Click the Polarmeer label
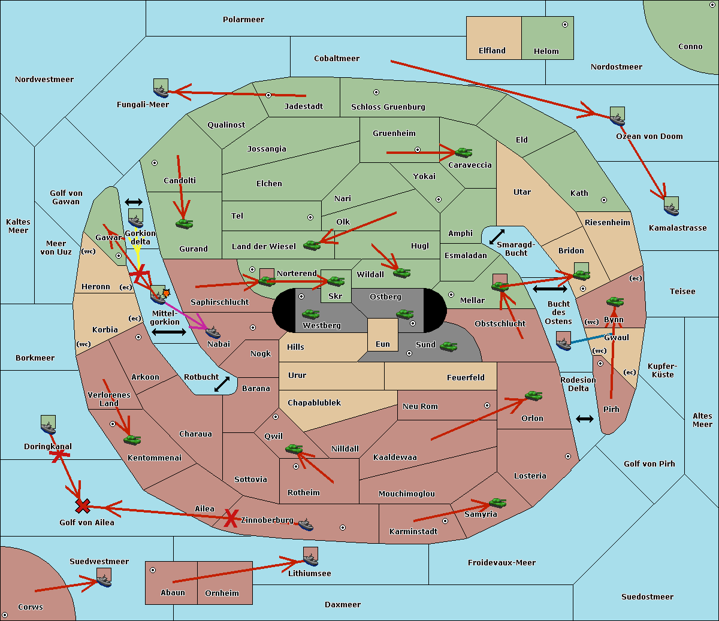[243, 20]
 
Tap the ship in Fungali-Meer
[161, 92]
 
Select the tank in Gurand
[185, 223]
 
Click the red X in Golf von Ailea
[83, 506]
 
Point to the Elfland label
[492, 51]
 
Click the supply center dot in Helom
[565, 25]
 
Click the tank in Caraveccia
[464, 152]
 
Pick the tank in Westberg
[310, 314]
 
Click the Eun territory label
[383, 344]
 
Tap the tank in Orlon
[534, 396]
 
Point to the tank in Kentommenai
[132, 440]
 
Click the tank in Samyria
[497, 503]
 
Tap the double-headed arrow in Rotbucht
[222, 384]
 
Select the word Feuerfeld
[466, 378]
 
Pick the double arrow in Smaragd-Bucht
[497, 237]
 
